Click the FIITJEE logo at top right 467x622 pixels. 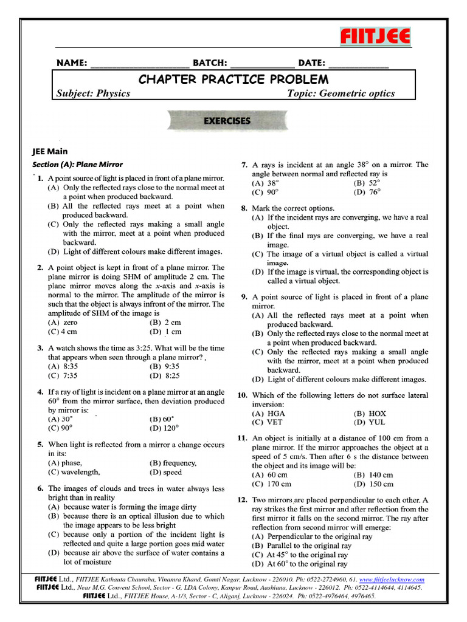click(375, 37)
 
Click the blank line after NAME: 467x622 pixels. click(139, 64)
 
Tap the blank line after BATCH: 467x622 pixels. click(262, 64)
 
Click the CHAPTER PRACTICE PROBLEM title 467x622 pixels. click(233, 80)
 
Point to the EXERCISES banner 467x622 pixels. click(226, 121)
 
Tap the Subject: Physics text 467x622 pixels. click(93, 94)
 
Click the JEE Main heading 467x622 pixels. click(50, 151)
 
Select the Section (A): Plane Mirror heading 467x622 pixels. click(77, 164)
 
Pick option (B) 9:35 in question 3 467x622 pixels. click(164, 367)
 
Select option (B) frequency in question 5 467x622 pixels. click(173, 463)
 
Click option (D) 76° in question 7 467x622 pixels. click(367, 192)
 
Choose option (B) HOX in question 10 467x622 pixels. click(370, 414)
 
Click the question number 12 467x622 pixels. click(241, 500)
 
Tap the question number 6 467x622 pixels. click(40, 488)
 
